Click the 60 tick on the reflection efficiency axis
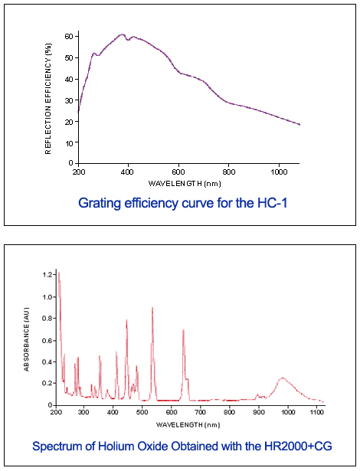pos(77,36)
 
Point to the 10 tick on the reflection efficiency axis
pos(77,142)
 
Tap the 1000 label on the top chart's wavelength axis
pos(279,172)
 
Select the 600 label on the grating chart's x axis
pos(178,172)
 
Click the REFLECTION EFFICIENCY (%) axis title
pos(48,99)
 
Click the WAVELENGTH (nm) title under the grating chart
pos(185,184)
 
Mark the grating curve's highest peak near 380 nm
pos(122,34)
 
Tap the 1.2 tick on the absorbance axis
pos(54,274)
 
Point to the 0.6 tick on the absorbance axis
pos(54,340)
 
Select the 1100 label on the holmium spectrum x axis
pos(316,412)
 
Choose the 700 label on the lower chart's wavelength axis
pos(201,412)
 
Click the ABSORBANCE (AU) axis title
pos(27,339)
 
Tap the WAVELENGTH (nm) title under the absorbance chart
pos(188,425)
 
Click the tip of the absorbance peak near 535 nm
pos(152,307)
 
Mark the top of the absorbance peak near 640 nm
pos(183,330)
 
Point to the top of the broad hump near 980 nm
pos(283,378)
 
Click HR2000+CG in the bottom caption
pos(298,446)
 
